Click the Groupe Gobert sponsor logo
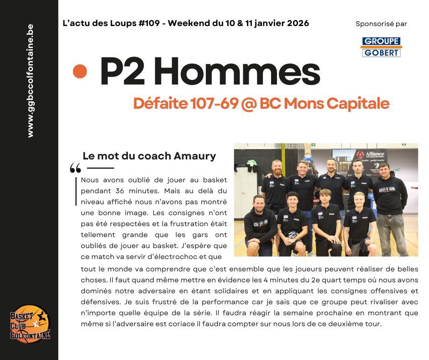381,47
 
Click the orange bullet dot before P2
80,71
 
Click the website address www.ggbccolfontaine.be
30,81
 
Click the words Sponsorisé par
381,24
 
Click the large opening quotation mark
75,169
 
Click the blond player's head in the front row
359,200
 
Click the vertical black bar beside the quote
76,191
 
